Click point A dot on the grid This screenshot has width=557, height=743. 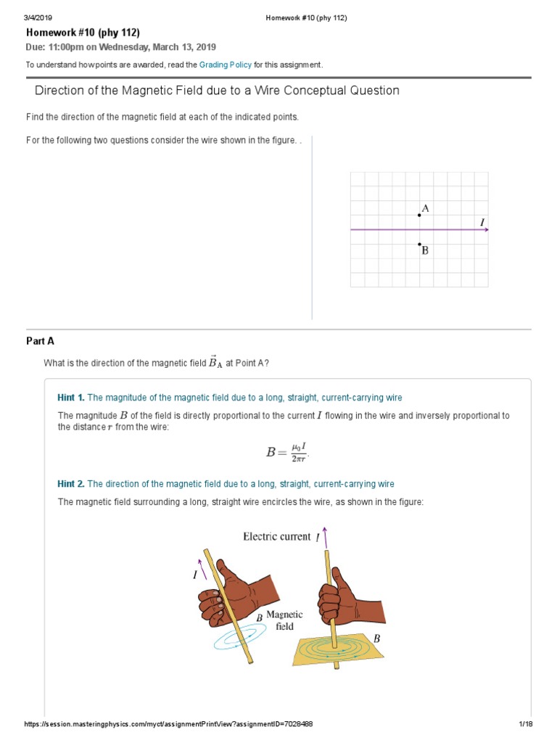(419, 215)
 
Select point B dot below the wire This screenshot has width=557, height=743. (419, 245)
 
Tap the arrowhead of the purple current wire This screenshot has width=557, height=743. (486, 230)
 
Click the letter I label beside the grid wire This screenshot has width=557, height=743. (482, 221)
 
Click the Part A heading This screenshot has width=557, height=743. (40, 341)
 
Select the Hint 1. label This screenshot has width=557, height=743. (71, 398)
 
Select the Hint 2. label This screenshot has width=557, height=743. (71, 484)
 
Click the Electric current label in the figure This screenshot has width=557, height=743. (276, 537)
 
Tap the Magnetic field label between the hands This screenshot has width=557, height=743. (284, 620)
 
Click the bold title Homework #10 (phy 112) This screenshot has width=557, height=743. (83, 33)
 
